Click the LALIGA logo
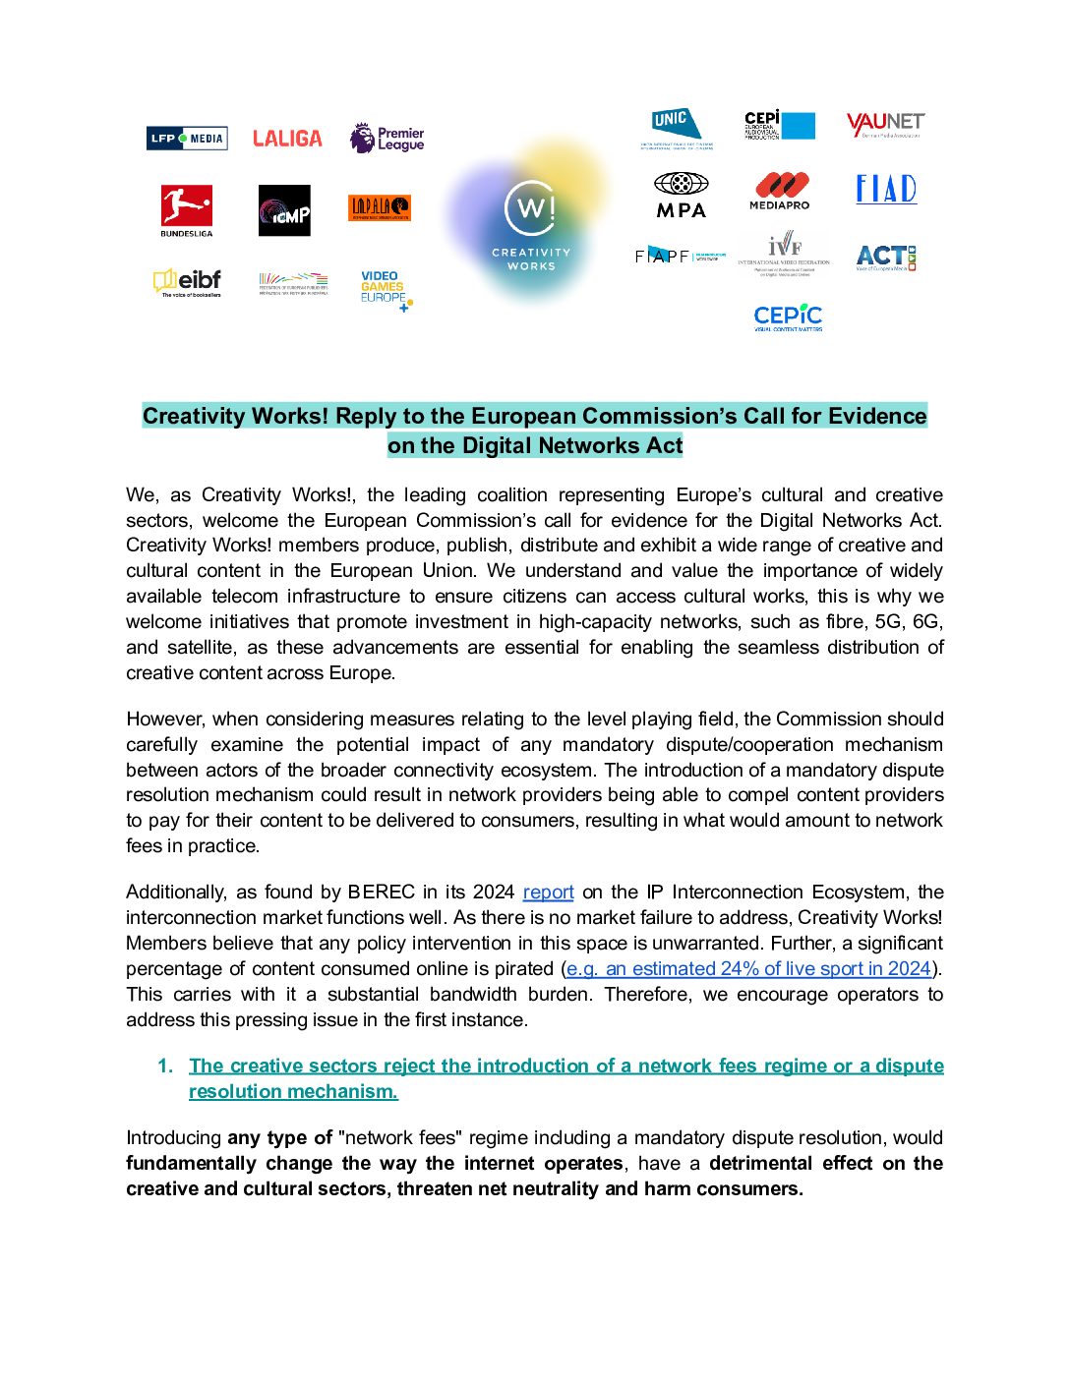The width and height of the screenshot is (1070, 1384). click(287, 139)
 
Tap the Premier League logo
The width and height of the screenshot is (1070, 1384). click(387, 139)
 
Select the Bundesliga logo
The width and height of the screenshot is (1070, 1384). click(187, 210)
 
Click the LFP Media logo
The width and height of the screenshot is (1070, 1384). click(187, 139)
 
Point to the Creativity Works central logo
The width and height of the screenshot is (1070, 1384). click(530, 220)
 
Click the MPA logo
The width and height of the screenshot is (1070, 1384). click(681, 195)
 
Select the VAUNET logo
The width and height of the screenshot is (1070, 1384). click(885, 125)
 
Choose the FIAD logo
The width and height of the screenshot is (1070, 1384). click(886, 189)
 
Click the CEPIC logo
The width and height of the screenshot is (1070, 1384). click(788, 317)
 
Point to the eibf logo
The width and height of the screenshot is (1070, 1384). click(187, 282)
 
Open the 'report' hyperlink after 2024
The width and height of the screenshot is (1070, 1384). click(548, 893)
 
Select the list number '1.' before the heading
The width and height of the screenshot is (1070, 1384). click(165, 1067)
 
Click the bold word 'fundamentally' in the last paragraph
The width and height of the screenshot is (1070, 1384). click(188, 1164)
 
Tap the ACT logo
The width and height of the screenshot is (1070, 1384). click(886, 258)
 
